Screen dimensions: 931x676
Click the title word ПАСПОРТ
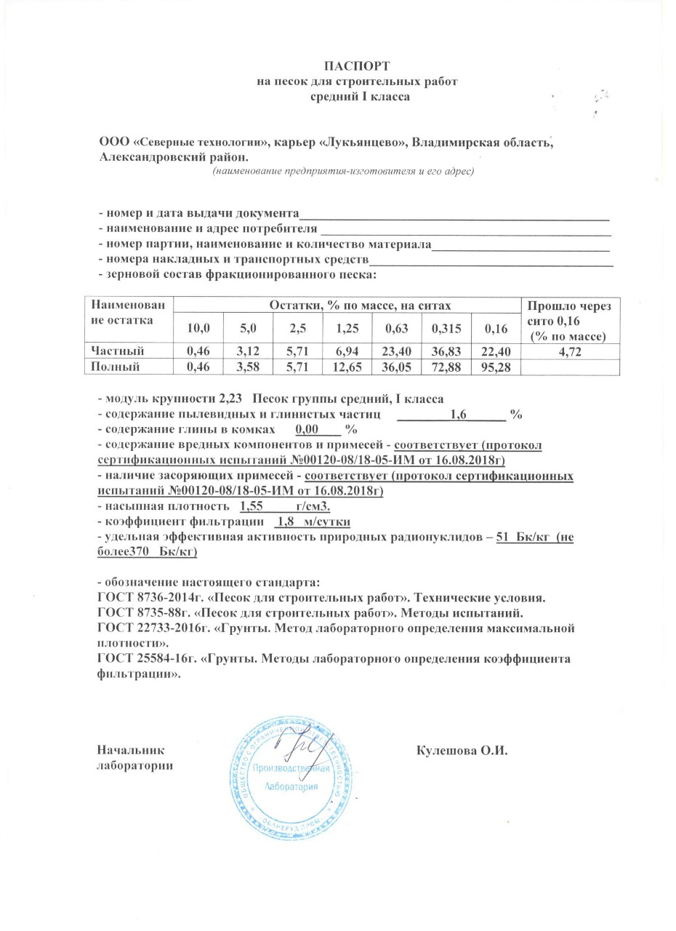point(351,67)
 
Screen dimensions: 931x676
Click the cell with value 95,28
point(494,367)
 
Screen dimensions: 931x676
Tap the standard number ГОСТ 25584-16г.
point(142,659)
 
